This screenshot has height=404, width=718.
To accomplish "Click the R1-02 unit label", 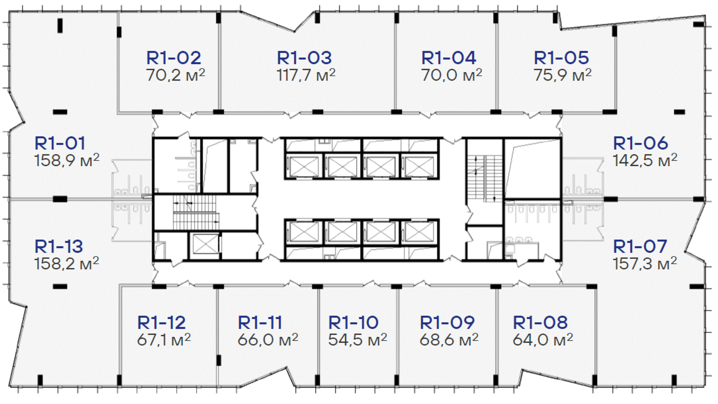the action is [x=174, y=58].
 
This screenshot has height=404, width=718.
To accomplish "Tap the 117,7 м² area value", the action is [x=306, y=75].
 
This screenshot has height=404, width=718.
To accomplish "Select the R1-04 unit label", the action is [x=449, y=58].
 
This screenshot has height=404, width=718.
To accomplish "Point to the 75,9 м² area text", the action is [x=562, y=75].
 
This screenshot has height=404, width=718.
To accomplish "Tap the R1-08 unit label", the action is [x=540, y=322].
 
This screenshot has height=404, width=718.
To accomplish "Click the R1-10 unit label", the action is [x=353, y=322].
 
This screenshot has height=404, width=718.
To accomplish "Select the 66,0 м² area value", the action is [x=268, y=339].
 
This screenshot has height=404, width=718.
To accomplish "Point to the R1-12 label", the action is [x=162, y=322].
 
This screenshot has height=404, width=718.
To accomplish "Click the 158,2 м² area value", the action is [x=67, y=263].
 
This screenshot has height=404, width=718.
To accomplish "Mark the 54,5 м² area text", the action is [x=358, y=339].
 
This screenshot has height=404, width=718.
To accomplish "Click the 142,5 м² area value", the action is [x=645, y=160].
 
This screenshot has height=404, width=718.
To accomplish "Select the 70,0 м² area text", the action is [x=452, y=75].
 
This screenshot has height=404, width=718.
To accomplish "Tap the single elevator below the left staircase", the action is [x=205, y=244].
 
